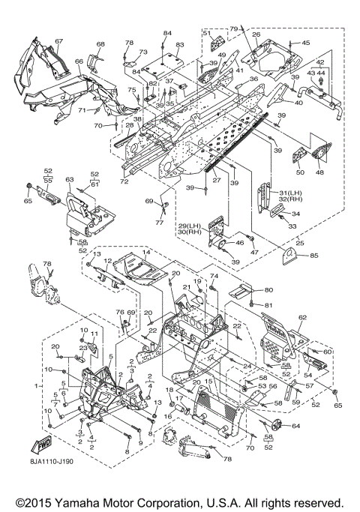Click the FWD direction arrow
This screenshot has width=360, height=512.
pos(41,445)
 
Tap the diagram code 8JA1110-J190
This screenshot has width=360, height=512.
pos(50,461)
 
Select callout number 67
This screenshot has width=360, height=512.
pos(58,41)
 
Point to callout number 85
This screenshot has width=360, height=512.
pos(314,256)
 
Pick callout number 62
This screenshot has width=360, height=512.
pos(302,317)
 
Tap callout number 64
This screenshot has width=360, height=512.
pos(296,426)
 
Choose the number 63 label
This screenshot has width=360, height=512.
pos(70,180)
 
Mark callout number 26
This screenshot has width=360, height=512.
pos(256,34)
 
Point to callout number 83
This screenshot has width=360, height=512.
pos(180,45)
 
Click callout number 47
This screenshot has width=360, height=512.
pos(254,252)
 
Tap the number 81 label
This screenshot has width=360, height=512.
pos(268,305)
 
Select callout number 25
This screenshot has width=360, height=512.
pos(300,243)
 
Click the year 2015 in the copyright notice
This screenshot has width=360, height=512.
pos(38,502)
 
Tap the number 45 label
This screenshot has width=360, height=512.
pos(305,43)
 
